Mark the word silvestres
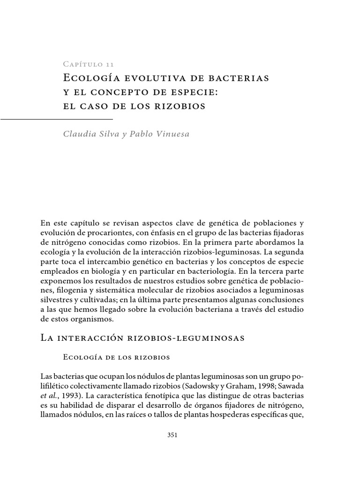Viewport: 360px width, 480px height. coord(57,301)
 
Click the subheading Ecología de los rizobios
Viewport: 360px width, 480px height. coord(116,357)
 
